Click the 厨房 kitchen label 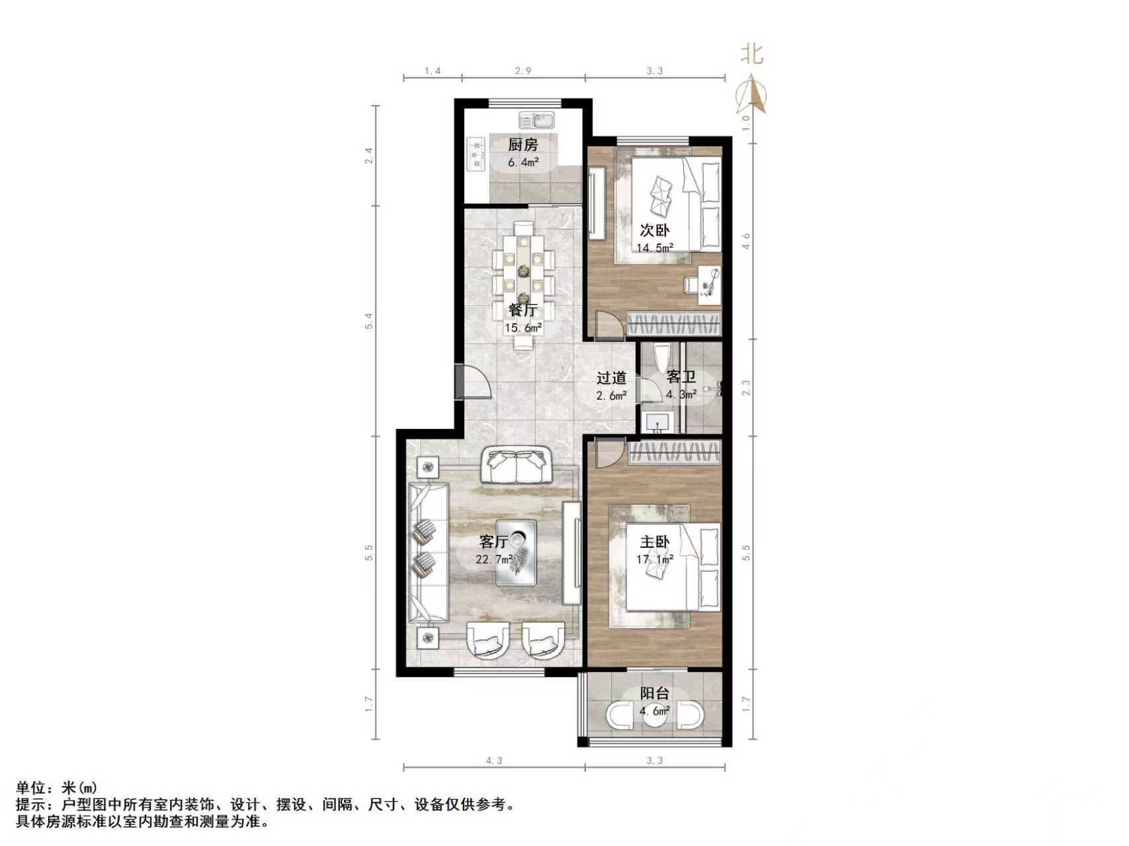tap(523, 144)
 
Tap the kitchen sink tap(536, 120)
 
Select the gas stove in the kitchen tap(476, 154)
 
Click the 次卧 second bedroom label tap(654, 230)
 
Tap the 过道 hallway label tap(611, 378)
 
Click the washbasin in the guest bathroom tap(657, 422)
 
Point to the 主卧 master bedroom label tap(654, 542)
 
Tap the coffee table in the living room tap(517, 553)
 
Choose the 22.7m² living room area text tap(494, 559)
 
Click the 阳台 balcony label tap(654, 693)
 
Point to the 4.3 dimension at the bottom tap(494, 761)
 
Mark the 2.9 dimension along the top tap(523, 71)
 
